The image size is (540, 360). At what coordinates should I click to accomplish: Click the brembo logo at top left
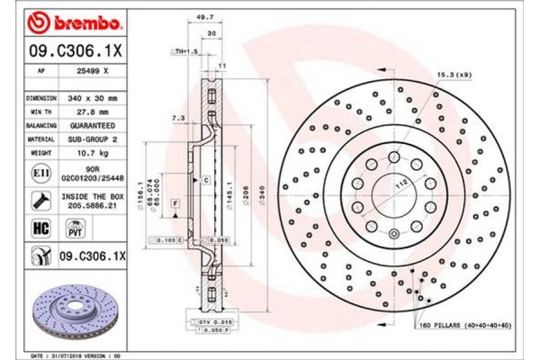coord(68,19)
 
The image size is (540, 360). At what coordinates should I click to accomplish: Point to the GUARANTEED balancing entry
coord(93,125)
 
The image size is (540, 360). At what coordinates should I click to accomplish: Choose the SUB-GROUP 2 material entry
coord(93,139)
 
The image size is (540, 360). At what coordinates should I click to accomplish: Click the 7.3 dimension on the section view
coord(178,118)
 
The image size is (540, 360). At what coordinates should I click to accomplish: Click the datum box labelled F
coord(172,206)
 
